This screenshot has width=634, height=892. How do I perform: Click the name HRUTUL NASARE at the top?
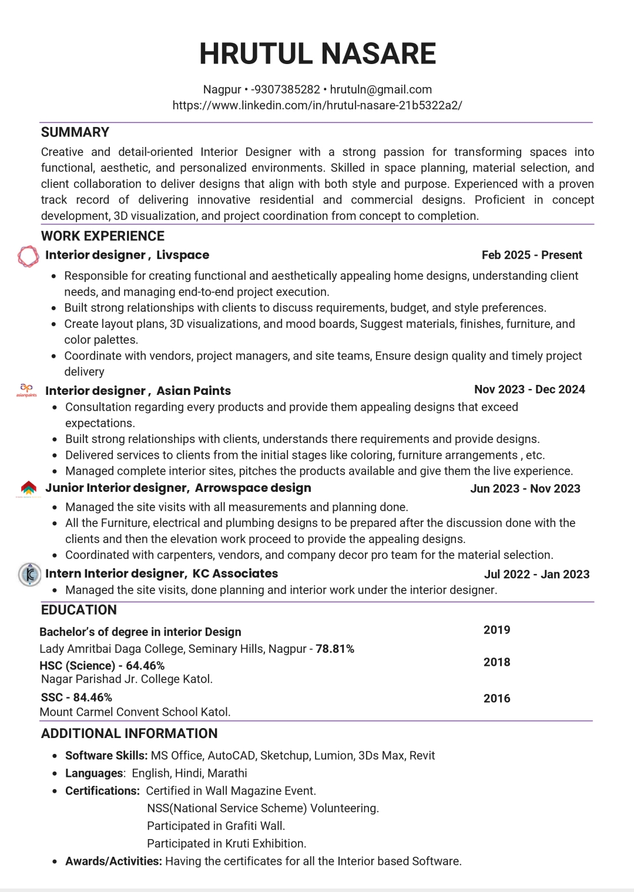tap(317, 53)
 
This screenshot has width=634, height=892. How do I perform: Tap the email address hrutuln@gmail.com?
tap(381, 89)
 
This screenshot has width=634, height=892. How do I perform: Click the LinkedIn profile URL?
tap(317, 105)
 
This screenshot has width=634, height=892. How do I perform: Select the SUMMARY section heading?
tap(75, 132)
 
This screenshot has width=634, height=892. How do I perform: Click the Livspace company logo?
tap(28, 256)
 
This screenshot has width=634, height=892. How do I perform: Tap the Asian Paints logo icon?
tap(27, 390)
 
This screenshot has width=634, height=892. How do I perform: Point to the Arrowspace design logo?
tap(28, 488)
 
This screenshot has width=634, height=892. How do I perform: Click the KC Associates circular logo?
tap(29, 574)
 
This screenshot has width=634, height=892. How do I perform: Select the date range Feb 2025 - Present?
tap(532, 255)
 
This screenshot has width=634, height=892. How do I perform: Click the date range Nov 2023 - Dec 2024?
tap(529, 390)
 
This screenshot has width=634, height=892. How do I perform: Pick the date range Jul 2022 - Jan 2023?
tap(536, 574)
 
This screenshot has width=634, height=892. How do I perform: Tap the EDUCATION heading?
tap(79, 610)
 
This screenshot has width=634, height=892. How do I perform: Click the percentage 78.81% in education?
tap(335, 649)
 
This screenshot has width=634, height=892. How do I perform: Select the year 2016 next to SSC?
tap(497, 698)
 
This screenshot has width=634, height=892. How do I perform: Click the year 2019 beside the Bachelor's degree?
tap(497, 630)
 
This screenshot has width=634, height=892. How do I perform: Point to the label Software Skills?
tap(106, 756)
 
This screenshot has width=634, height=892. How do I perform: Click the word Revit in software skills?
tap(422, 756)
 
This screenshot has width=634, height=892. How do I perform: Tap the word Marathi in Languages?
tap(227, 773)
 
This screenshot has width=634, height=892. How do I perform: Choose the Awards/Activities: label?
tap(113, 861)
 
